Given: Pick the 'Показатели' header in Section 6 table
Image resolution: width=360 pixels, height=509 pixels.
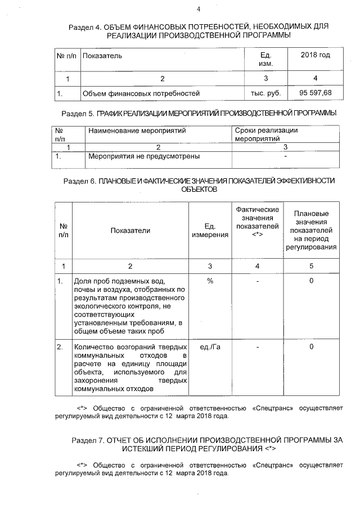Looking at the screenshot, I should click(x=130, y=230).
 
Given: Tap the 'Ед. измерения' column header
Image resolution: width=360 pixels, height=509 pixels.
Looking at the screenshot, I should click(x=210, y=230).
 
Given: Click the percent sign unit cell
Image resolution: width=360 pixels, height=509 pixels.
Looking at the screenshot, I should click(x=210, y=281).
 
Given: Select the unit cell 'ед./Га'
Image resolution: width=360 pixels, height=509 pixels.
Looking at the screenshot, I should click(x=210, y=347).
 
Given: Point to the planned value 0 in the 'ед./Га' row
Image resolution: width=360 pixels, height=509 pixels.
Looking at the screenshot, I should click(x=311, y=347).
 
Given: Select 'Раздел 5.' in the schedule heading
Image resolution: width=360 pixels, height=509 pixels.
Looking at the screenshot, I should click(x=77, y=113).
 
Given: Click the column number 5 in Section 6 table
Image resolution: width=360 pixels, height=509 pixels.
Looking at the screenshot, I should click(x=311, y=265).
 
